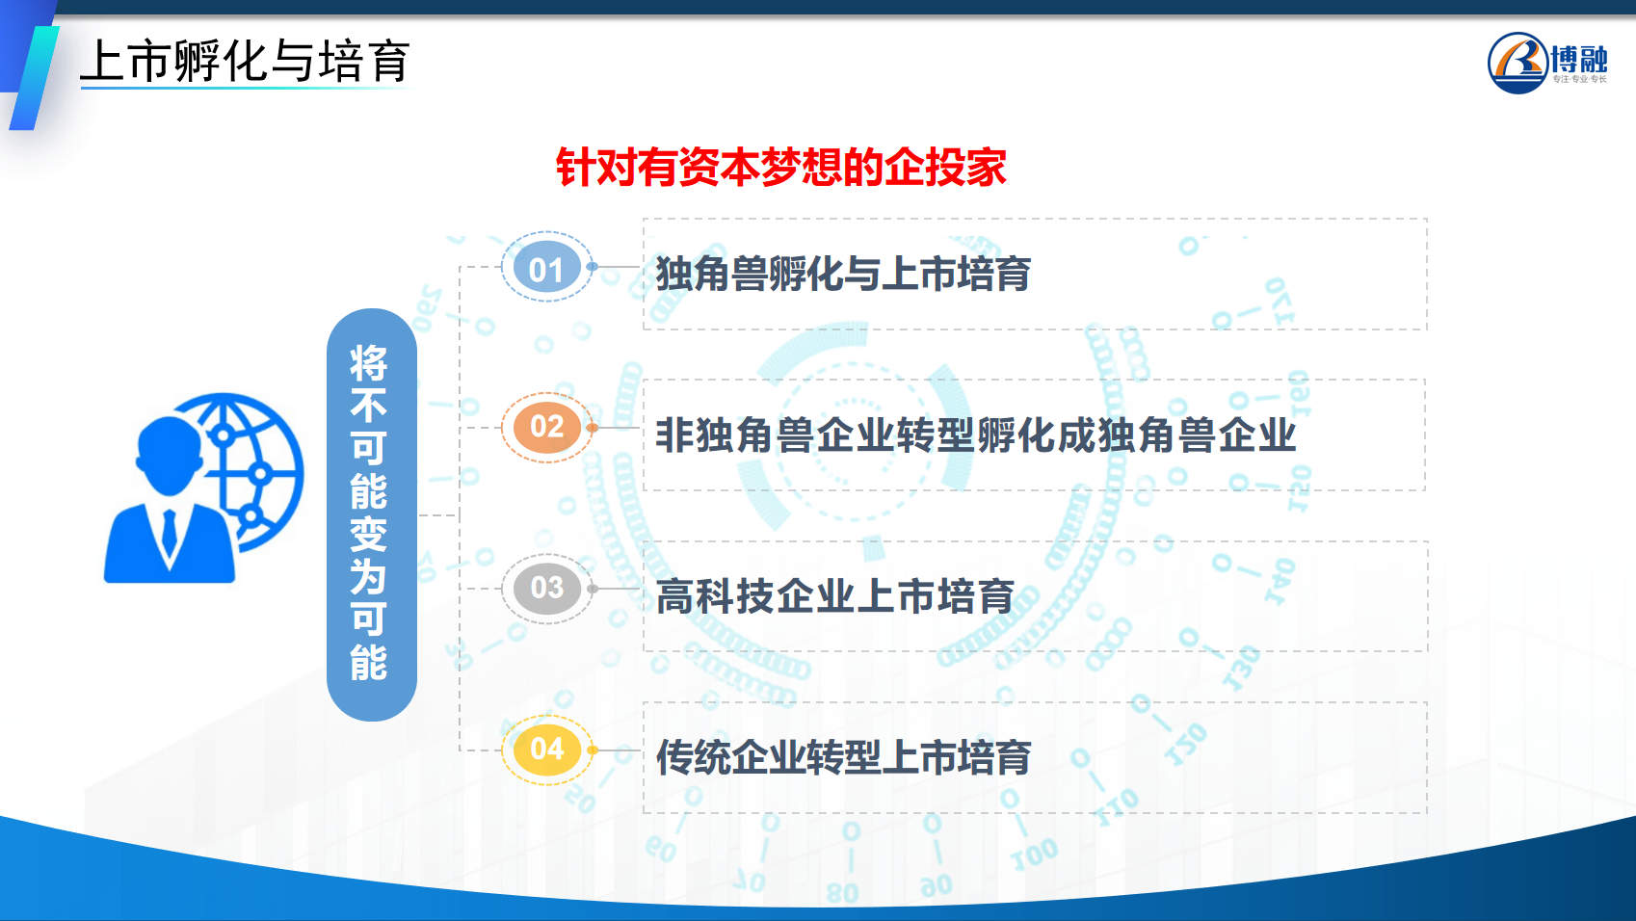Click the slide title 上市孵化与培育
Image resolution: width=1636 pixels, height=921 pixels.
click(245, 62)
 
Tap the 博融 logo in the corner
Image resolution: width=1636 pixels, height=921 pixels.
click(1547, 63)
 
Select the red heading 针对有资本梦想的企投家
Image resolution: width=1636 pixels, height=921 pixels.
click(780, 168)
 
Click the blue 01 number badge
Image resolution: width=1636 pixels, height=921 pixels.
click(546, 267)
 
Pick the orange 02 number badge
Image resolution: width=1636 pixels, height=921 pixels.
click(546, 428)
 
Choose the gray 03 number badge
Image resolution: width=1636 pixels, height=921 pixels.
click(546, 589)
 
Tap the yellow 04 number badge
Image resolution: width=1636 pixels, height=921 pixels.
click(546, 750)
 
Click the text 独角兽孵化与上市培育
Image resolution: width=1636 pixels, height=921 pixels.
click(843, 274)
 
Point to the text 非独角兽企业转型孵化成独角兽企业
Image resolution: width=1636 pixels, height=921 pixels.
click(976, 435)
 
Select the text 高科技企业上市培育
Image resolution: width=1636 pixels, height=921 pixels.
click(834, 596)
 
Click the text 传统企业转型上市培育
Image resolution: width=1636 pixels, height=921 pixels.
click(844, 756)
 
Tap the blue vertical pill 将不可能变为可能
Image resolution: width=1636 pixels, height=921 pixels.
click(372, 514)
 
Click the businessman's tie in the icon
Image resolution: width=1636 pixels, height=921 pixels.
click(170, 533)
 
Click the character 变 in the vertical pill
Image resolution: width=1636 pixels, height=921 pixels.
click(368, 535)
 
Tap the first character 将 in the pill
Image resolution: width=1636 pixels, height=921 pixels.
click(368, 363)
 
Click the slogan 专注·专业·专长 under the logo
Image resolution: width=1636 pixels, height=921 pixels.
click(1579, 79)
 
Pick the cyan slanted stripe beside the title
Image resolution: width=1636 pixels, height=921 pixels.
click(34, 78)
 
